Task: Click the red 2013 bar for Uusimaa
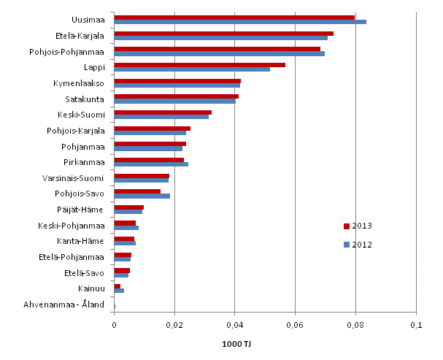click(x=234, y=17)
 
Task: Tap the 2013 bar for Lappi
click(x=199, y=64)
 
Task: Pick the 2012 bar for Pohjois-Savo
click(x=142, y=196)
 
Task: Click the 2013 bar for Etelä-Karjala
click(x=223, y=33)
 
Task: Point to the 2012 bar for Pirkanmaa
click(x=151, y=164)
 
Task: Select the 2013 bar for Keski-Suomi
click(x=163, y=112)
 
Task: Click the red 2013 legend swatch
click(x=347, y=226)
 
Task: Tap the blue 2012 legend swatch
click(x=347, y=245)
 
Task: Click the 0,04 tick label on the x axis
click(x=234, y=323)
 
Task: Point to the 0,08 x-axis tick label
click(x=355, y=323)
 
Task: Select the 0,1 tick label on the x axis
click(x=415, y=323)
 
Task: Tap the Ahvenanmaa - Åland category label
click(x=64, y=305)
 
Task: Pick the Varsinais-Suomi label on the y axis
click(x=74, y=178)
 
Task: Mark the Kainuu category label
click(x=91, y=288)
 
